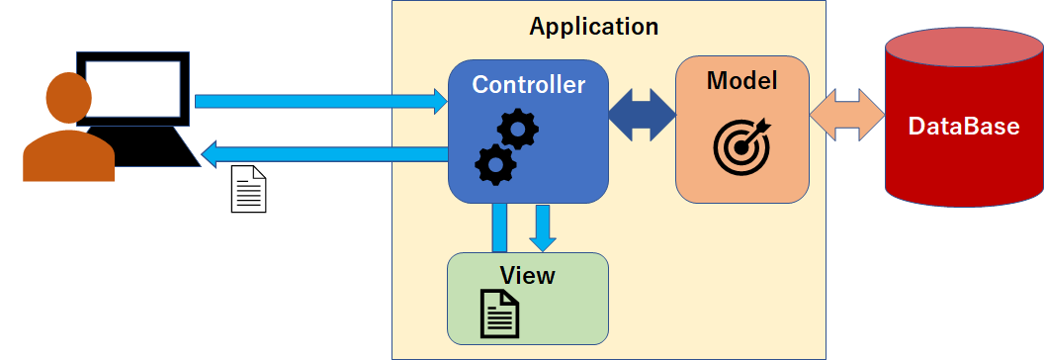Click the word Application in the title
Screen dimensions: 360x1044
click(593, 26)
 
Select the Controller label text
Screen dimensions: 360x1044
click(528, 85)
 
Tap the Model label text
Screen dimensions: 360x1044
click(741, 81)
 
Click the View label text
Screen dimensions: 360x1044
click(527, 275)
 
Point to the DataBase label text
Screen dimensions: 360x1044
click(963, 127)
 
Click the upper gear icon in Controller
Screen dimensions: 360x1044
click(517, 129)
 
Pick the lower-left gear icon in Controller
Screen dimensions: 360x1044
click(494, 164)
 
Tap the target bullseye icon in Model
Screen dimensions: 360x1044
click(741, 143)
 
